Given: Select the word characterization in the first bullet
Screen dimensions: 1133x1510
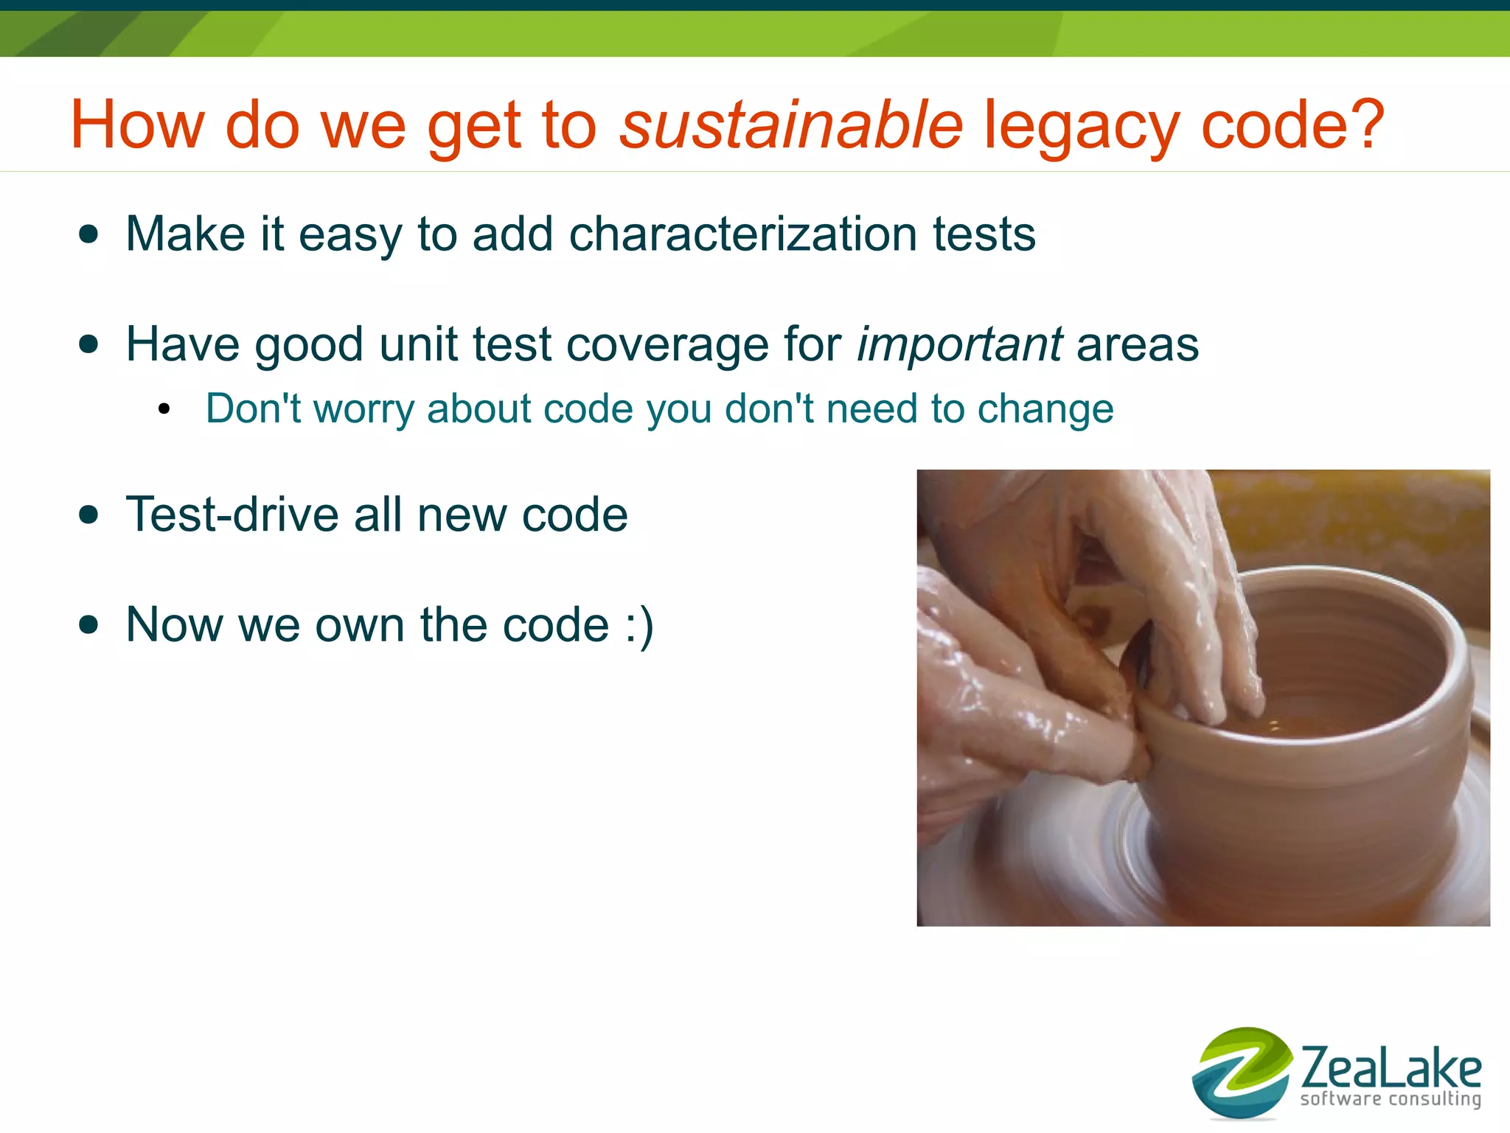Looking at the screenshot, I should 742,234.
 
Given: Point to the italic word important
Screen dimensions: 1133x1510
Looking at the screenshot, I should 959,345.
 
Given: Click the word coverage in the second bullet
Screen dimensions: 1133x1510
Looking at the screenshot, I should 668,345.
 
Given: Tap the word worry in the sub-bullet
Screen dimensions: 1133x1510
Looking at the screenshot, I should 363,410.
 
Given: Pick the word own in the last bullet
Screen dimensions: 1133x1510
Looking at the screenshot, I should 360,626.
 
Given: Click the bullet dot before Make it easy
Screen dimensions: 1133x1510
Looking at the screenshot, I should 89,235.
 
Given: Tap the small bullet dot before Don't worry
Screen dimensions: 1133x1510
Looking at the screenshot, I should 164,410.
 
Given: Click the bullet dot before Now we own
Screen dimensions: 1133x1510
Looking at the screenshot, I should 89,626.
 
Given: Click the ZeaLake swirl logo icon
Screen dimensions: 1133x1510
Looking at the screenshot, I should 1242,1073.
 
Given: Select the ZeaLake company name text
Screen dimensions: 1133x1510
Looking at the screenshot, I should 1391,1067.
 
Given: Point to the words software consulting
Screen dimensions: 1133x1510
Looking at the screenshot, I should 1391,1099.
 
